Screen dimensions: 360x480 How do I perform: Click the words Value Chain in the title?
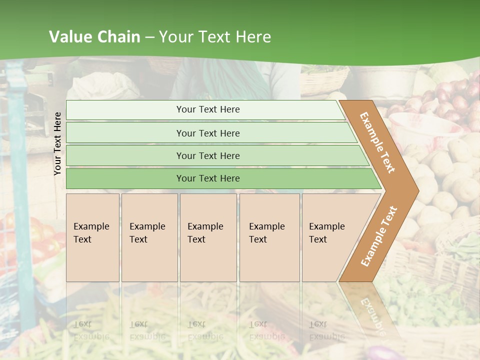click(x=94, y=37)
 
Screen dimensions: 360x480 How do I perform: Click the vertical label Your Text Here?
click(x=57, y=143)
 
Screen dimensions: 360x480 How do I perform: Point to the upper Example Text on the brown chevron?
click(x=377, y=142)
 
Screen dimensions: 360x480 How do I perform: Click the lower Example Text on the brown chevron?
click(x=379, y=236)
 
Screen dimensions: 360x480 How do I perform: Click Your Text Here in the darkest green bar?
click(x=208, y=178)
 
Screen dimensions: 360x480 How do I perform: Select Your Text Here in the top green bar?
click(x=208, y=109)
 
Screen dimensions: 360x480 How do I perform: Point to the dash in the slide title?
click(x=149, y=37)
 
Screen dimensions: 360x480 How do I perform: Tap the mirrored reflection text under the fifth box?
click(x=327, y=330)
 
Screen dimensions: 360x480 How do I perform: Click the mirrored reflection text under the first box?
click(x=91, y=330)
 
